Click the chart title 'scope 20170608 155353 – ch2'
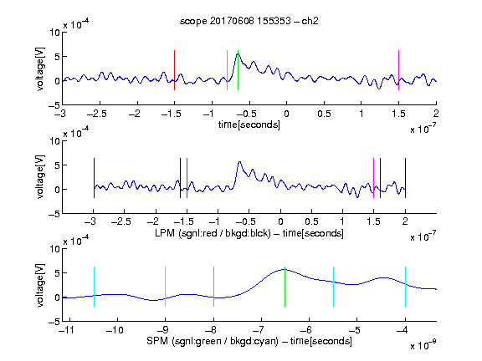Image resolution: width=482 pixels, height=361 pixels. [x=249, y=21]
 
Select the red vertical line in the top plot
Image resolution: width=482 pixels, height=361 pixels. [x=174, y=70]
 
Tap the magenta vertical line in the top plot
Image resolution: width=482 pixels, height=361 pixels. [x=398, y=70]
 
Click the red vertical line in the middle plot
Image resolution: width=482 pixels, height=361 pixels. [x=187, y=178]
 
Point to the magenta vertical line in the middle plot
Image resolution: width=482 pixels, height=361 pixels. [x=373, y=178]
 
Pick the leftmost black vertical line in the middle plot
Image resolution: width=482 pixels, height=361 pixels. [x=94, y=178]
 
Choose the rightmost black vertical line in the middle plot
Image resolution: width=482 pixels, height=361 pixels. [x=405, y=178]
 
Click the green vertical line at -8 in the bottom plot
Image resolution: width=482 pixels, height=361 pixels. [x=213, y=287]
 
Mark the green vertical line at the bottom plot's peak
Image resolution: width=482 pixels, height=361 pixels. [x=285, y=287]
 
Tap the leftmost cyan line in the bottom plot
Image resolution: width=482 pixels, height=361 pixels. [x=94, y=287]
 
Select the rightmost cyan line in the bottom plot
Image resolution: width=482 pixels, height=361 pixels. [x=405, y=287]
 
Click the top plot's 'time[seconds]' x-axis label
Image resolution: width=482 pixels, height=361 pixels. [x=249, y=125]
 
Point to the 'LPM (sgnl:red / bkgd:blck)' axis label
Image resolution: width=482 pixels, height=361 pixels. [x=213, y=233]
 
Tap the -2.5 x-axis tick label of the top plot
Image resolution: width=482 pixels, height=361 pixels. [x=97, y=114]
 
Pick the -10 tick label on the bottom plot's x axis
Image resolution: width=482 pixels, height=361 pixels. [x=115, y=330]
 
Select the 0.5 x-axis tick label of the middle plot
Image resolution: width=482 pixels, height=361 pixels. [x=311, y=221]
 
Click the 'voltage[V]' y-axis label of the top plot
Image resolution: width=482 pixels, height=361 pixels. [x=40, y=69]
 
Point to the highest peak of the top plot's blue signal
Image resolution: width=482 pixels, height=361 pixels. [x=238, y=53]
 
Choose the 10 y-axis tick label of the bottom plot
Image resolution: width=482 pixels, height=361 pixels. [x=55, y=249]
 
